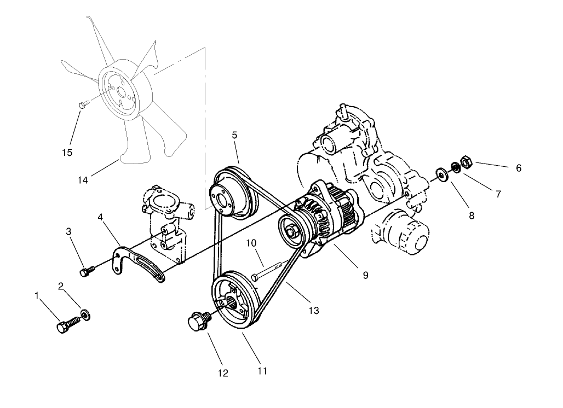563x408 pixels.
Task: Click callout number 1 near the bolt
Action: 37,295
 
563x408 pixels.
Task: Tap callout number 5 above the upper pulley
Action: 234,135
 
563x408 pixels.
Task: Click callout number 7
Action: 498,193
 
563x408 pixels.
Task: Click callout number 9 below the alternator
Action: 365,275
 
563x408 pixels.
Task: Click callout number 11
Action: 262,371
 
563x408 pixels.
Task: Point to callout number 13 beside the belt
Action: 313,311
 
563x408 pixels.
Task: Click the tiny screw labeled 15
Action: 83,104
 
